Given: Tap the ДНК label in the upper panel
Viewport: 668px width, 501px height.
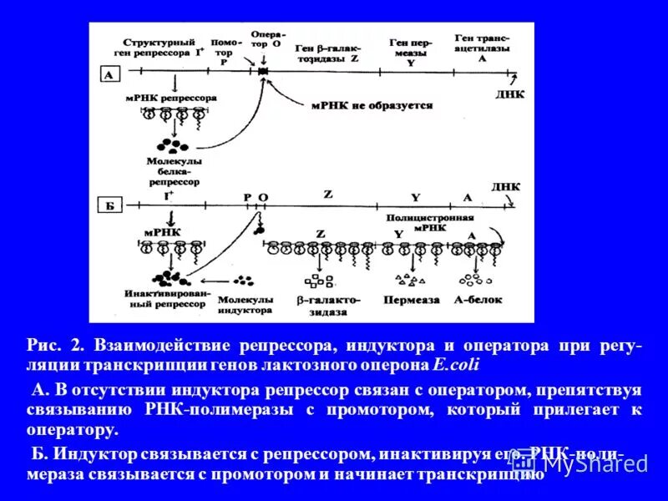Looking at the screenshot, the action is (510, 94).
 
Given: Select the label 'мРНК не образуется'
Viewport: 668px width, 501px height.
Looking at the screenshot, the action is (372, 106).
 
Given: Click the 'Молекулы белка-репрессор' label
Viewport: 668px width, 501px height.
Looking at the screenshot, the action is (175, 170).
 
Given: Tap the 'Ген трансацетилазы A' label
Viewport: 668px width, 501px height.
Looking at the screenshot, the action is (482, 48).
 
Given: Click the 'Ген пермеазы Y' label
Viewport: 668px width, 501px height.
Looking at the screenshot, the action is (410, 52).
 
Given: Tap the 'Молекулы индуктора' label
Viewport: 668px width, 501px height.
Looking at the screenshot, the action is (245, 304).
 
